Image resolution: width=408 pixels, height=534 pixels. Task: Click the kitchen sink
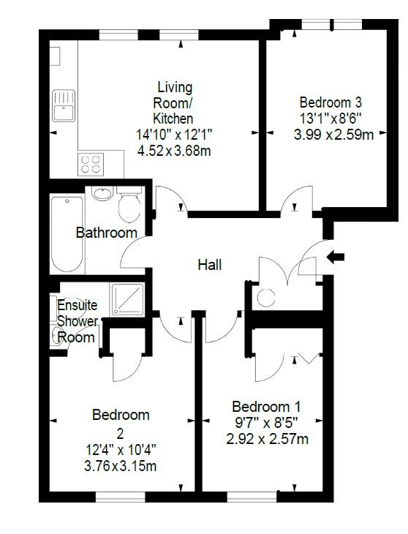pyautogui.click(x=64, y=105)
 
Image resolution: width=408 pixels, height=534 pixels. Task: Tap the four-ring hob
pyautogui.click(x=91, y=164)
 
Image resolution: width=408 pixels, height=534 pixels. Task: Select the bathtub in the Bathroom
pyautogui.click(x=67, y=234)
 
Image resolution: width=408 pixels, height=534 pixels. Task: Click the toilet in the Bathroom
pyautogui.click(x=129, y=204)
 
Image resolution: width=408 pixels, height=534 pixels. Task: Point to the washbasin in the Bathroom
pyautogui.click(x=103, y=194)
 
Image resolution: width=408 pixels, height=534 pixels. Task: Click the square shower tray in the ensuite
pyautogui.click(x=128, y=299)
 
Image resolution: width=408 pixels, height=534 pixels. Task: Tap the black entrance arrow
pyautogui.click(x=336, y=257)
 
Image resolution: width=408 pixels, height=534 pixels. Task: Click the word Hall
pyautogui.click(x=210, y=265)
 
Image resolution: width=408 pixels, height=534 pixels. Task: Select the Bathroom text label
pyautogui.click(x=107, y=233)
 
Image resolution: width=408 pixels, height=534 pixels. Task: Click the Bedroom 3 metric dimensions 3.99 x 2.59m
pyautogui.click(x=334, y=135)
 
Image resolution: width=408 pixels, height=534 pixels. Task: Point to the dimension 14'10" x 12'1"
pyautogui.click(x=174, y=134)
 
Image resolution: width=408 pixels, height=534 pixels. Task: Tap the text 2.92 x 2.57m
pyautogui.click(x=268, y=439)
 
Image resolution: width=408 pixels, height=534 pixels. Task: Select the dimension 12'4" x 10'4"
pyautogui.click(x=121, y=450)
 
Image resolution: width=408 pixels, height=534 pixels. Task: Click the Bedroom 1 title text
pyautogui.click(x=266, y=407)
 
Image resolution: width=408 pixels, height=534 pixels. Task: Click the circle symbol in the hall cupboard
pyautogui.click(x=266, y=298)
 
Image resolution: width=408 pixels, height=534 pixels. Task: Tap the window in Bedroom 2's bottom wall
pyautogui.click(x=121, y=497)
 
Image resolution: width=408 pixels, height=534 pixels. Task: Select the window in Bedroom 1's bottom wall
pyautogui.click(x=252, y=497)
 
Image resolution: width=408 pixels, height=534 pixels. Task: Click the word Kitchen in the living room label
pyautogui.click(x=173, y=119)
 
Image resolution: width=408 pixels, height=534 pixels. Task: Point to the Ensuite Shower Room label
pyautogui.click(x=77, y=321)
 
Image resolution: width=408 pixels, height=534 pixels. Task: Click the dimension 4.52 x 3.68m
pyautogui.click(x=174, y=150)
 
